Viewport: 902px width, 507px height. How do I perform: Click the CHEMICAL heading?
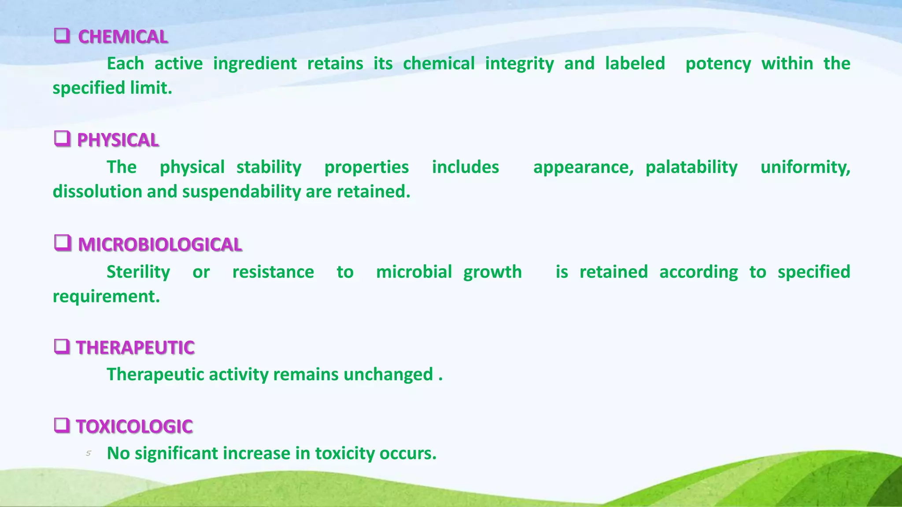(123, 37)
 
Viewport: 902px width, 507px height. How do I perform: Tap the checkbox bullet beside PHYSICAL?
(62, 139)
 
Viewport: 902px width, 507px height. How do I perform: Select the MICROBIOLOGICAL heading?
(160, 245)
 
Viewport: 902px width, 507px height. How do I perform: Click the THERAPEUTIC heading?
(135, 348)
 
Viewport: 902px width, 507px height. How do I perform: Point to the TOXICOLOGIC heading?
(134, 426)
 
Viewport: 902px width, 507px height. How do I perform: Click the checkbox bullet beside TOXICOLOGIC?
(62, 425)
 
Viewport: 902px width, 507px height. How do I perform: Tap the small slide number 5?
(89, 453)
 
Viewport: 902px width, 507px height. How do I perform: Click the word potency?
(718, 64)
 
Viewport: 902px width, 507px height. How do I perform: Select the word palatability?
(691, 167)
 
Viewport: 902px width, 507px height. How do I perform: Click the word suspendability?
(241, 192)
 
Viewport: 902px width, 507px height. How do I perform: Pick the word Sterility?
(138, 272)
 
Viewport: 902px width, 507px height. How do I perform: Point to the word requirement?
(106, 297)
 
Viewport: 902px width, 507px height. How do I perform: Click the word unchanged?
(388, 375)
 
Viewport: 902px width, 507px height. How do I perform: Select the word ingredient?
(255, 64)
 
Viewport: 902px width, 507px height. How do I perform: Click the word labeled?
(635, 63)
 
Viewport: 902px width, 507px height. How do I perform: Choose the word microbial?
(414, 272)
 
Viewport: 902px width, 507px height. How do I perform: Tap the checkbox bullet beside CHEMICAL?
(62, 35)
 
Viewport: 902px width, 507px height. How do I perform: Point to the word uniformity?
(805, 167)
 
